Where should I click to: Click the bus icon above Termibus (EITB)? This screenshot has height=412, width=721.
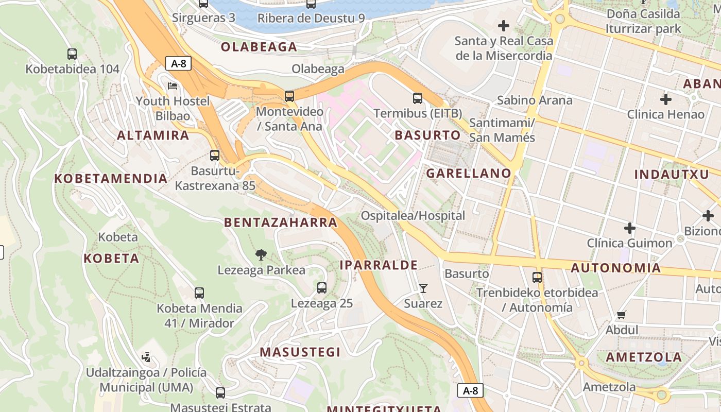(x=418, y=98)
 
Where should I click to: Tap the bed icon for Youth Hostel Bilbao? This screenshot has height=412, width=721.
(x=173, y=85)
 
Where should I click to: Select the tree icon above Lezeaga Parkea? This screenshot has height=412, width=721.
(x=261, y=254)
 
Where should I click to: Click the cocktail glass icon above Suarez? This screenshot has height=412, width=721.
(x=423, y=288)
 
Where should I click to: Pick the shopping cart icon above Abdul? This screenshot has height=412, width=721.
(x=622, y=315)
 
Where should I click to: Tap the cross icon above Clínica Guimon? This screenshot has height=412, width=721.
(x=629, y=228)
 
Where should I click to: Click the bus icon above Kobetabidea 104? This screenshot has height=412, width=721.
(x=72, y=54)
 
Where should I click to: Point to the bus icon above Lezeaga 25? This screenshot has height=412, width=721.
(x=322, y=288)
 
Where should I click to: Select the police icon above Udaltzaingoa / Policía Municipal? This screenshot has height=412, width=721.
(x=146, y=357)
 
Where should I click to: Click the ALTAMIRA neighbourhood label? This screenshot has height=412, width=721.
(x=153, y=135)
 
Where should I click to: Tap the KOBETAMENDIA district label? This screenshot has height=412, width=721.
(x=111, y=179)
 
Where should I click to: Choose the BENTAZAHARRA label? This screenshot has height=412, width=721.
(x=281, y=222)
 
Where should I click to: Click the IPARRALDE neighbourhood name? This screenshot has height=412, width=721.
(x=379, y=265)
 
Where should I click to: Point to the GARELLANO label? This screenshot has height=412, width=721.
(x=469, y=173)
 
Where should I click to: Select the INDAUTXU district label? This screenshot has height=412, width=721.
(x=671, y=174)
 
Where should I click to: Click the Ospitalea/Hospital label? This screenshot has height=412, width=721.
(x=413, y=215)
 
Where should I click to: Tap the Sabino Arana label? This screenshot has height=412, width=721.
(x=535, y=100)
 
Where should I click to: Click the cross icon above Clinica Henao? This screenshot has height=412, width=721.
(x=665, y=99)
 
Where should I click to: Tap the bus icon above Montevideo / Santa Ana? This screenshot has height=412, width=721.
(x=289, y=96)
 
